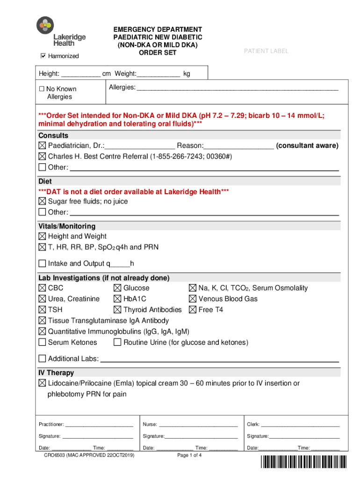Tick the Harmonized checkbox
[43, 56]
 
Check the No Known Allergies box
[42, 89]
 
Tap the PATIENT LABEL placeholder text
[266, 51]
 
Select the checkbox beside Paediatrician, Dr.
[43, 146]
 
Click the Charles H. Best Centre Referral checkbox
[43, 156]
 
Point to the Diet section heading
[45, 181]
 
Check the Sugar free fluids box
[43, 202]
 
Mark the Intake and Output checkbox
[43, 263]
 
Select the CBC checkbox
[43, 288]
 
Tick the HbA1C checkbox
[117, 299]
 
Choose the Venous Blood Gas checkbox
[193, 299]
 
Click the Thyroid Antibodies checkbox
[117, 310]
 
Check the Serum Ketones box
[43, 342]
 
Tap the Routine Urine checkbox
[117, 342]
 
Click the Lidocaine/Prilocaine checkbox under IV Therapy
[43, 384]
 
